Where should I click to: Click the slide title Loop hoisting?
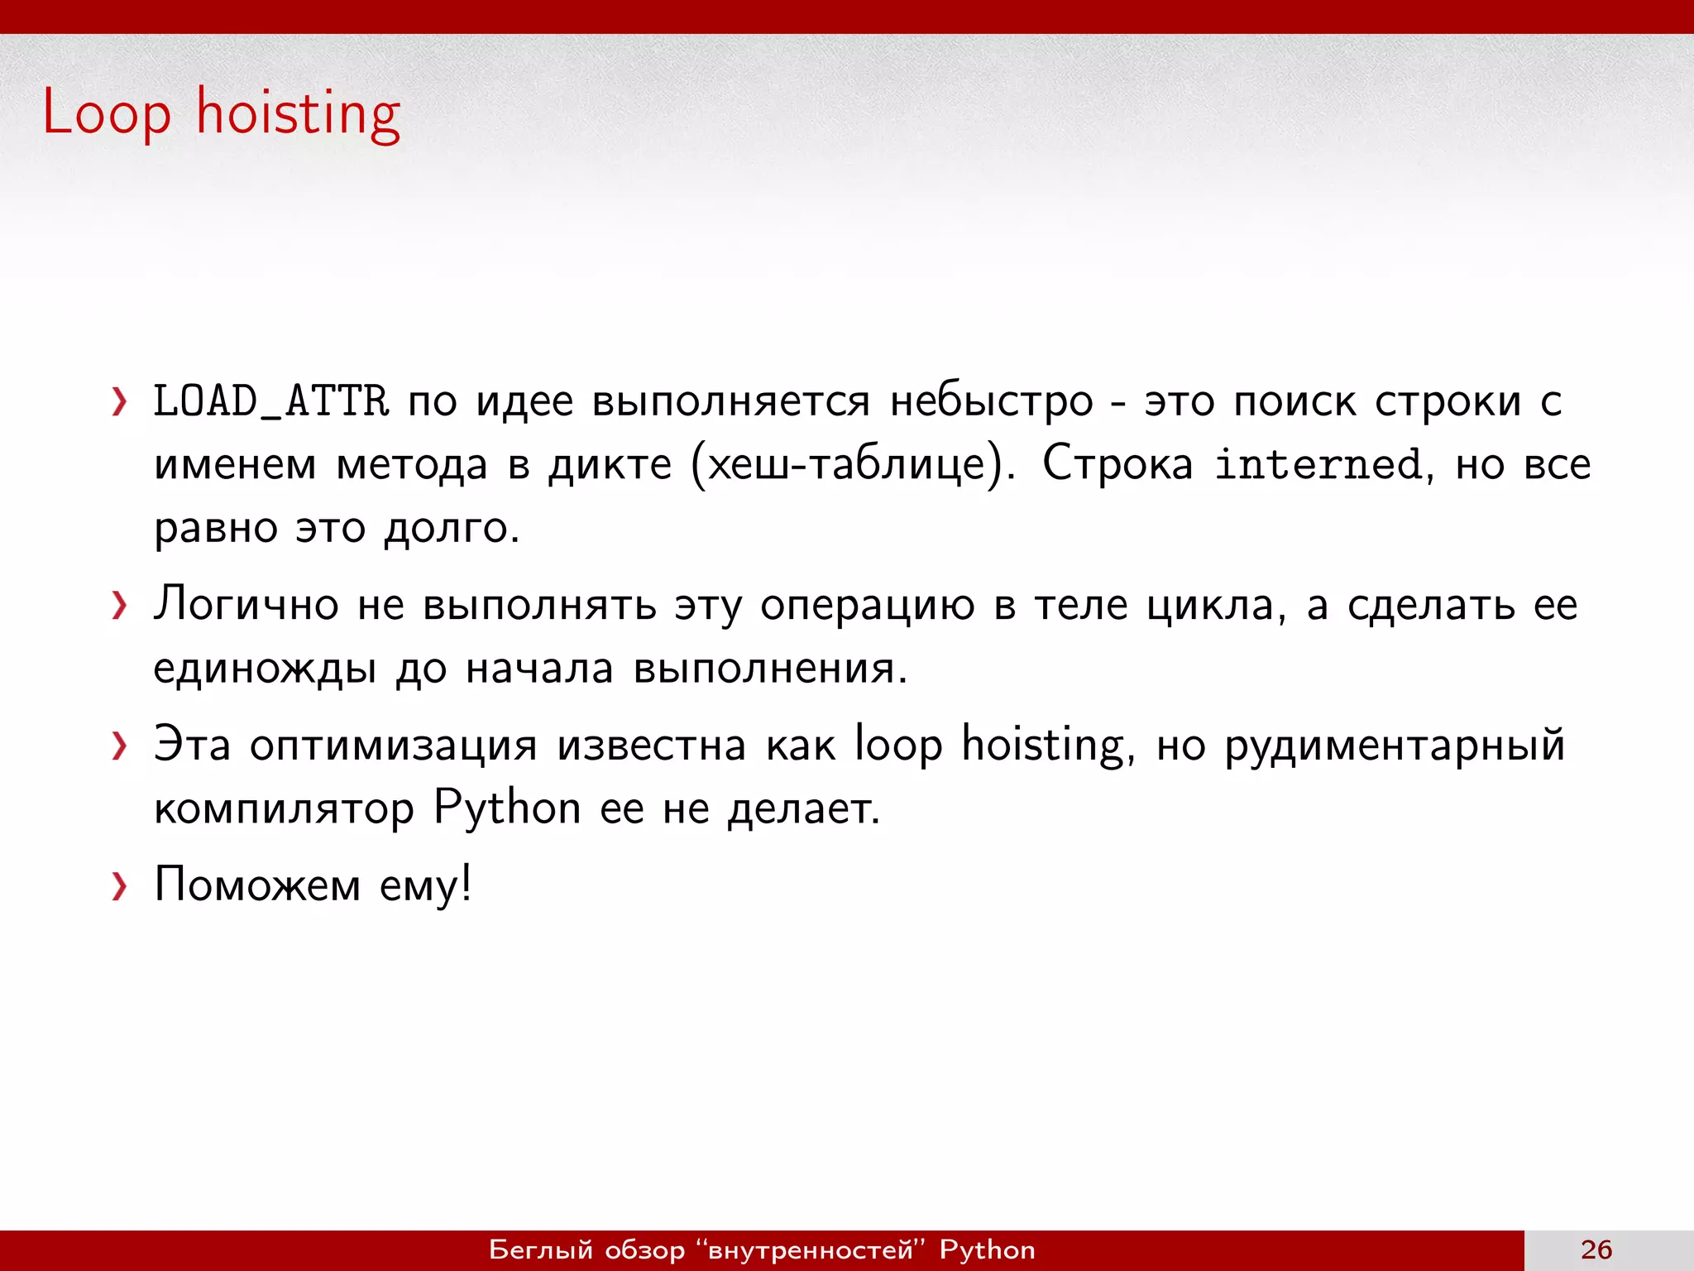(222, 113)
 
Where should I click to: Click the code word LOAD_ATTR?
(270, 401)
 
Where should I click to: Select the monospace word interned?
(1318, 464)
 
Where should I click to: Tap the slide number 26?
(1596, 1249)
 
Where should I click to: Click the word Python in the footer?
(987, 1249)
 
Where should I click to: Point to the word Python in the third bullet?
(507, 808)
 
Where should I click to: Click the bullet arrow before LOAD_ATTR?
(120, 402)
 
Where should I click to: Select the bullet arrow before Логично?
(120, 606)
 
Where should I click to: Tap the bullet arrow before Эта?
(120, 746)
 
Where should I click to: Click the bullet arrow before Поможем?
(120, 886)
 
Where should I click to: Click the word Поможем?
(257, 885)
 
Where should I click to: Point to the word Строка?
(1117, 463)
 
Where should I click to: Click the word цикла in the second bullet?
(1215, 606)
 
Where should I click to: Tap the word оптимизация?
(394, 745)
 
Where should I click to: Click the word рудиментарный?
(1395, 746)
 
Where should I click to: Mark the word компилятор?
(284, 808)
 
